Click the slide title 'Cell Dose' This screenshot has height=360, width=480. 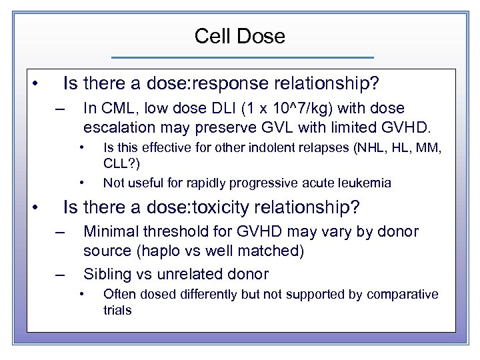click(239, 36)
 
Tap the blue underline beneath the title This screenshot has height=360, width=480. click(242, 57)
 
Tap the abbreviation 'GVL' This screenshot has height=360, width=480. click(270, 127)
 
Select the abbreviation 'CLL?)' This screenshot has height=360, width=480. click(120, 164)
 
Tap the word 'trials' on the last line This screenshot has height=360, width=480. click(117, 310)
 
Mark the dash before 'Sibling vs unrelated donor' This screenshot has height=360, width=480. click(61, 273)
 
